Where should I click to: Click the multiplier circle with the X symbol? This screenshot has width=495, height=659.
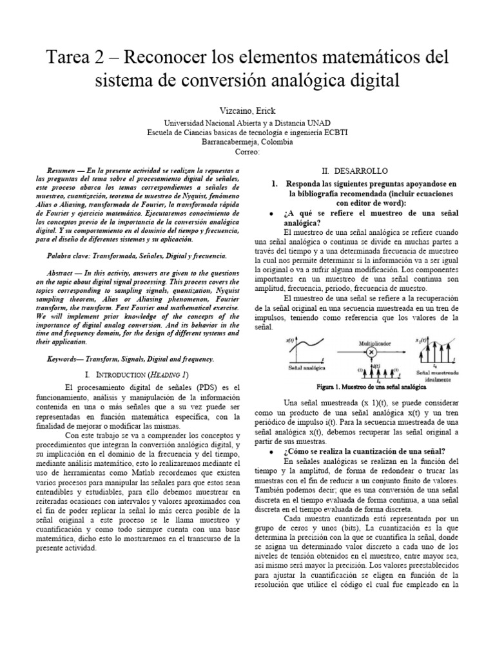[x=371, y=353]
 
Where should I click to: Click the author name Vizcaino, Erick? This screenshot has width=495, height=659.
[x=247, y=111]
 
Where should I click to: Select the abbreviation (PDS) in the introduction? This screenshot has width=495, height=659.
[x=206, y=387]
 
